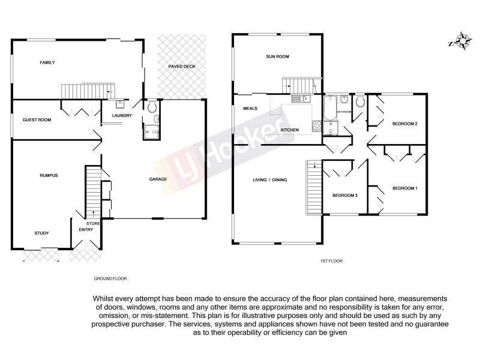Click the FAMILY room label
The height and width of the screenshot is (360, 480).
click(x=48, y=62)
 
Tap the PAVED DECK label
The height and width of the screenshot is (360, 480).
click(x=181, y=67)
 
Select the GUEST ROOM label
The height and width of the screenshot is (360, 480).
click(x=37, y=120)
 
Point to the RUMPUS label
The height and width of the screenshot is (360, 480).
click(x=49, y=175)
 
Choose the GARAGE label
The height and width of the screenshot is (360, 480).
click(x=158, y=179)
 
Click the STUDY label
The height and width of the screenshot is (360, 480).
click(x=41, y=233)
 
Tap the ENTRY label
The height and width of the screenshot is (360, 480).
click(x=86, y=230)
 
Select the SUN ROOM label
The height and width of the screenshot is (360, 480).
click(x=278, y=57)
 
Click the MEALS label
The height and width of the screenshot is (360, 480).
click(x=250, y=109)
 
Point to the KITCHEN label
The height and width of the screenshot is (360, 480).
click(x=290, y=130)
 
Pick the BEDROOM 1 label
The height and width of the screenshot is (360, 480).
click(x=404, y=188)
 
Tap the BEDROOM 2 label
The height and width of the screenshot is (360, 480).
click(x=404, y=124)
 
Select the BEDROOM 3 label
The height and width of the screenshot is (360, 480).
click(x=345, y=196)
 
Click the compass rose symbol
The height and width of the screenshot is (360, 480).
click(x=462, y=41)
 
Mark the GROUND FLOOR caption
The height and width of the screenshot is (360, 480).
click(x=110, y=279)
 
